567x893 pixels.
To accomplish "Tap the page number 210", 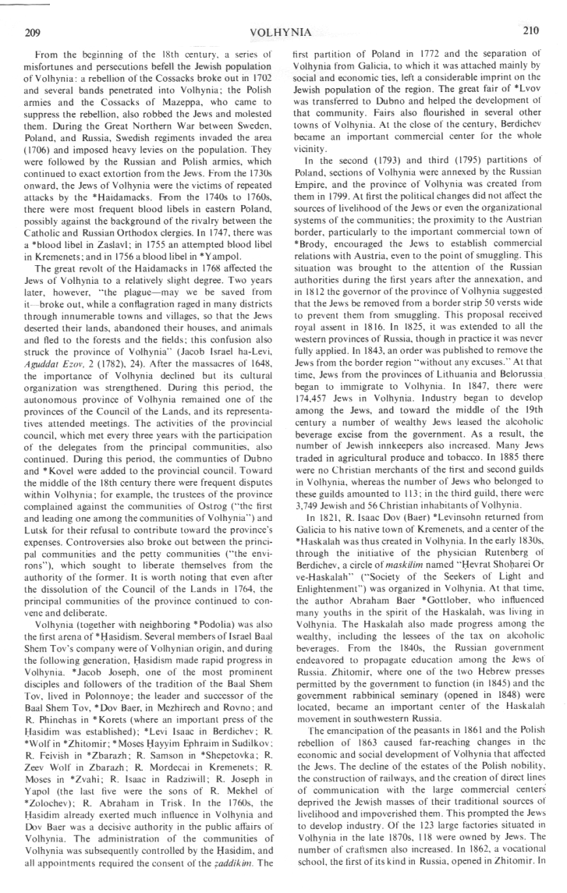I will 530,31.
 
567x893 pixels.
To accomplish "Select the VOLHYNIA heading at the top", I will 282,32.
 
